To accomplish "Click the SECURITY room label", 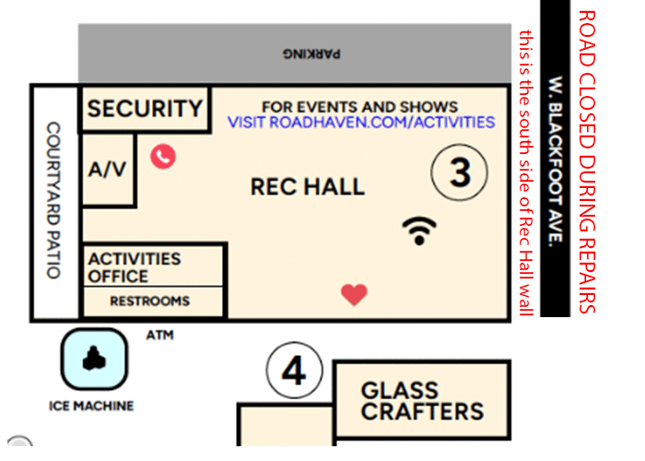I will [145, 109].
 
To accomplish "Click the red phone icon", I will [163, 156].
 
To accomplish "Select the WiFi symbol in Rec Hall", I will [420, 230].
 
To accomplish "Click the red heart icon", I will [354, 294].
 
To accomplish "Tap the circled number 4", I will [294, 372].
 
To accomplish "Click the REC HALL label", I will [308, 188].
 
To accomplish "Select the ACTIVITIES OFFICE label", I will [134, 267].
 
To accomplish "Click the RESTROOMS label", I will [149, 301].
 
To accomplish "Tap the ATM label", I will [159, 335].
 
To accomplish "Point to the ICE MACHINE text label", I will [91, 406].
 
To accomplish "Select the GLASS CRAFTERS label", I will [422, 401].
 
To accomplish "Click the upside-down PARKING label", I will [310, 53].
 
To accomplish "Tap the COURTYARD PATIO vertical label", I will [53, 200].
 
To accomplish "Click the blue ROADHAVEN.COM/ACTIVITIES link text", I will [361, 123].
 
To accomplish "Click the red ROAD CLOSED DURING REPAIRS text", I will [588, 161].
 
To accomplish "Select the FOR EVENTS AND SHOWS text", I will [359, 106].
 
